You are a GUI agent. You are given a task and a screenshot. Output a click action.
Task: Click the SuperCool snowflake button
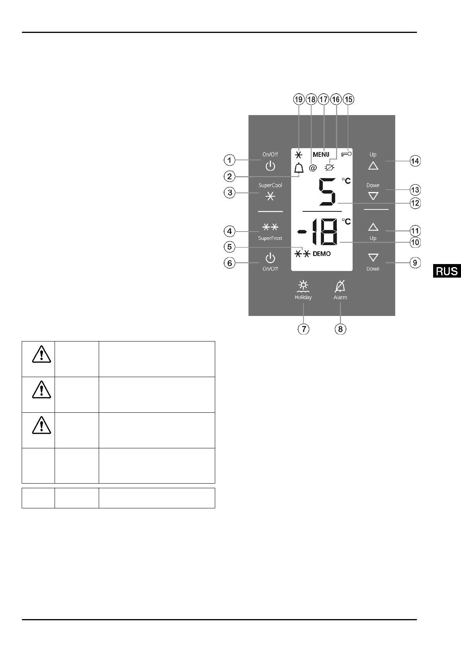[x=270, y=196]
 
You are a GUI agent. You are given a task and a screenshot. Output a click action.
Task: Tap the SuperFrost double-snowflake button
[x=270, y=227]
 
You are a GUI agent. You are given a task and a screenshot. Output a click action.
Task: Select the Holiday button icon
[x=303, y=287]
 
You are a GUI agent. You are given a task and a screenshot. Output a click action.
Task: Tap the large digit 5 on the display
[x=327, y=192]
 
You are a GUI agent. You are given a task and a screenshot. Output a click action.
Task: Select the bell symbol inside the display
[x=299, y=168]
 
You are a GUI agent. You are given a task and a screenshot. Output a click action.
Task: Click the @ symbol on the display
[x=313, y=168]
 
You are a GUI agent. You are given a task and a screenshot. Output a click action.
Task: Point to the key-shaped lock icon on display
[x=346, y=154]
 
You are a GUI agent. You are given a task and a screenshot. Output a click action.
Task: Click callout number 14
[x=415, y=161]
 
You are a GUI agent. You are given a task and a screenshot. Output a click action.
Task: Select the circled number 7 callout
[x=303, y=329]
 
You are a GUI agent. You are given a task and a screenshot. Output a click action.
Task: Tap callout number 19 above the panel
[x=298, y=100]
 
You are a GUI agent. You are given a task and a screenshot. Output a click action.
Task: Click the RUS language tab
[x=447, y=271]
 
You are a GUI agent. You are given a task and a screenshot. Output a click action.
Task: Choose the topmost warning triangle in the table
[x=42, y=353]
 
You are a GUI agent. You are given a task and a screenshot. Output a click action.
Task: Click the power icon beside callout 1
[x=270, y=166]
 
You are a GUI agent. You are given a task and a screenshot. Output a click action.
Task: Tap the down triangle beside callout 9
[x=373, y=258]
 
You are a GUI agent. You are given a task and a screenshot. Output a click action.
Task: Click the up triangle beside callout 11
[x=373, y=227]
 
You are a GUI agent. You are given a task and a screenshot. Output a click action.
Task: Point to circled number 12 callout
[x=415, y=202]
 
